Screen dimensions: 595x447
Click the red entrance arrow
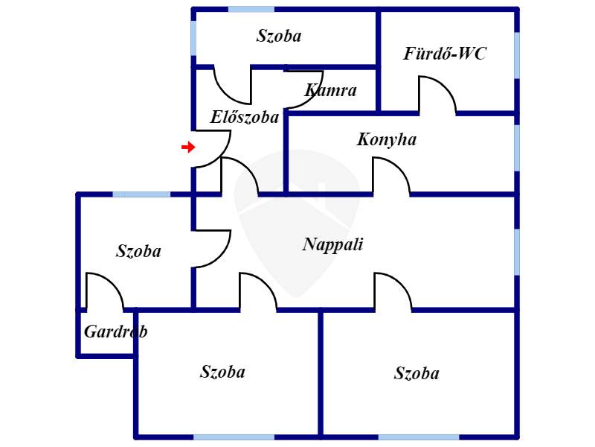point(188,147)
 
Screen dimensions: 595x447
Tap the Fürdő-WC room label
point(444,53)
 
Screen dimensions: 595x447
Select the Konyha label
point(387,139)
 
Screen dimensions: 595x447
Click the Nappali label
point(332,244)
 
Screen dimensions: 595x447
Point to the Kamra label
point(330,90)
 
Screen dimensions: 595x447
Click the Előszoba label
point(245,117)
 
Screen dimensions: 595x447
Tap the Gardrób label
point(116,332)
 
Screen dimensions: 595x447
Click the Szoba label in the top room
point(279,36)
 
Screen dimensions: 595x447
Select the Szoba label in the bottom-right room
point(416,373)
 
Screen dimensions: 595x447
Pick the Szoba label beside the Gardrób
point(138,251)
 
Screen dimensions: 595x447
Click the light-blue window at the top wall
point(251,9)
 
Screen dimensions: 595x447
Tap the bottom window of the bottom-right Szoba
point(419,437)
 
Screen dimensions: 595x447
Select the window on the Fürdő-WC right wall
point(517,55)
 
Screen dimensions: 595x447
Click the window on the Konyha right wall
point(517,148)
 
